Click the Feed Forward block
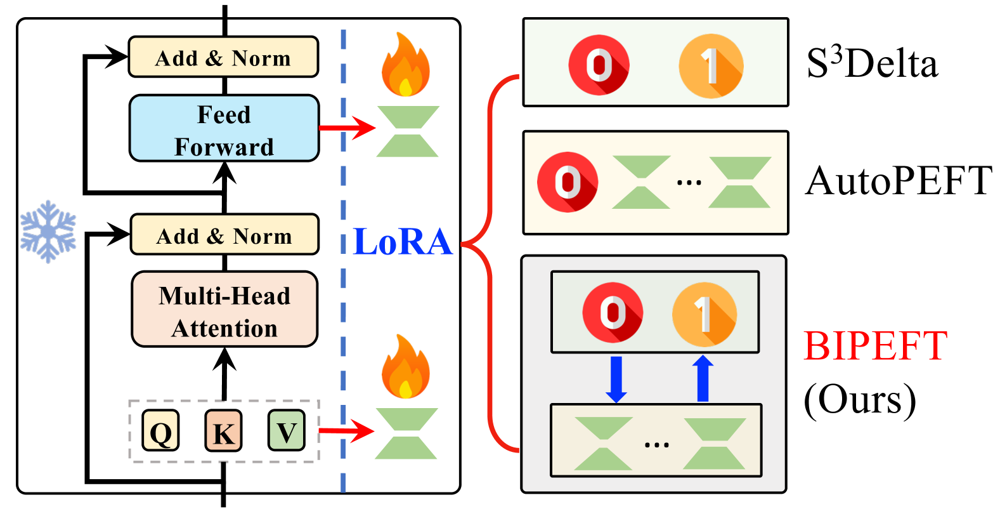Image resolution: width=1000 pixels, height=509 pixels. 224,129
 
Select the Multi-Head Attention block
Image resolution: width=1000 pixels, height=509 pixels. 224,310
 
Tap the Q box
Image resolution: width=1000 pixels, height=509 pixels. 160,431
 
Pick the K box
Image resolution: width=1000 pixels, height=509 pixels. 223,431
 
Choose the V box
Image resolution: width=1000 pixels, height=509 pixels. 286,431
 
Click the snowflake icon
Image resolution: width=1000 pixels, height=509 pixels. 48,232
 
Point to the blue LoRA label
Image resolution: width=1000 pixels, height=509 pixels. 403,242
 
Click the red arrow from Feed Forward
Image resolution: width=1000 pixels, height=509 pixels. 347,128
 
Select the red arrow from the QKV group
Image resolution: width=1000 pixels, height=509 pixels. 346,432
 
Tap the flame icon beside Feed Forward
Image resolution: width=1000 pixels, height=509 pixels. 406,65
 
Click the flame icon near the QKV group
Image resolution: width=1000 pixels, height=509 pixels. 406,367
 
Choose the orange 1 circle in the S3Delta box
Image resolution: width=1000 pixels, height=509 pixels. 711,65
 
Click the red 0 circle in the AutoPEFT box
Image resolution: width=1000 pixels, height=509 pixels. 568,182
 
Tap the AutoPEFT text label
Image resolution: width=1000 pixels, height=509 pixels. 899,182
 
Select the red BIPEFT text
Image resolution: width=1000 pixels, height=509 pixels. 876,347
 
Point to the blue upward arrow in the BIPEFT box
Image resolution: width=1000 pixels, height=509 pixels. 703,378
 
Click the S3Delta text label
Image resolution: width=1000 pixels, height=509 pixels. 872,63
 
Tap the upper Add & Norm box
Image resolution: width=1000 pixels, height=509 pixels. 223,58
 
